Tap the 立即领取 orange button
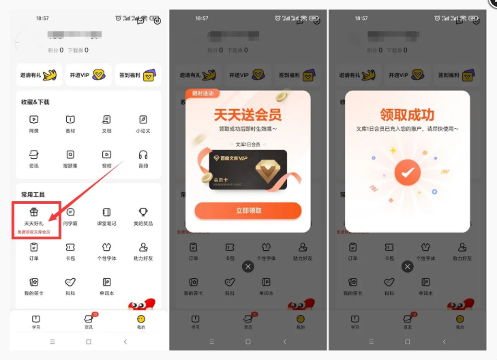pyautogui.click(x=247, y=211)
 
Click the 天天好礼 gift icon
pyautogui.click(x=33, y=212)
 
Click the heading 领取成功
pyautogui.click(x=407, y=115)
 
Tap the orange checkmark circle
pyautogui.click(x=407, y=173)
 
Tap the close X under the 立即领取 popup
pyautogui.click(x=247, y=267)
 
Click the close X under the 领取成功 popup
pyautogui.click(x=407, y=267)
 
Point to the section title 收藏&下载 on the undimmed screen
pyautogui.click(x=35, y=102)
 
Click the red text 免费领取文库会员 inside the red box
pyautogui.click(x=33, y=232)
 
